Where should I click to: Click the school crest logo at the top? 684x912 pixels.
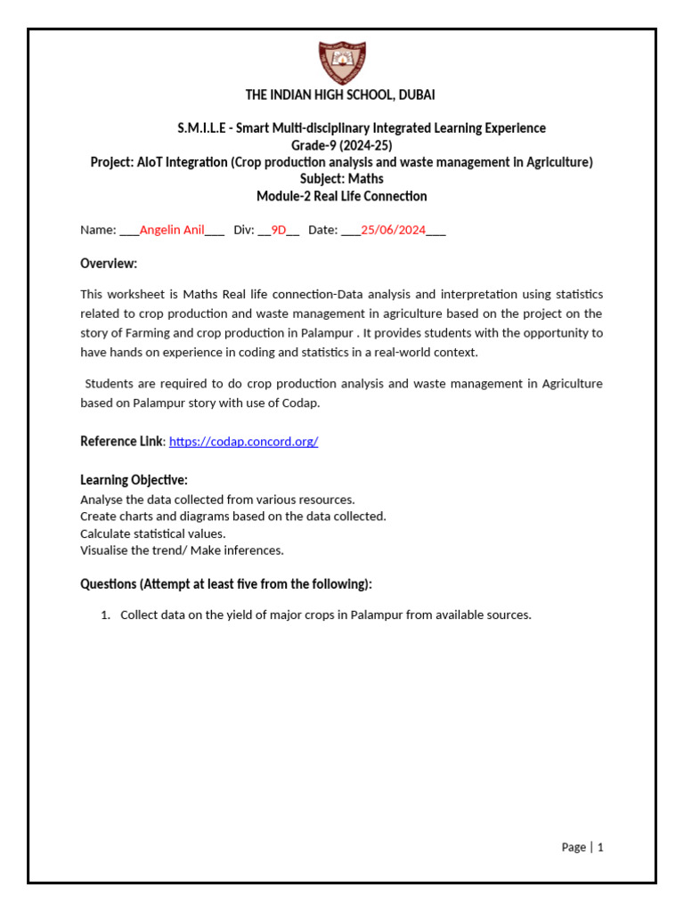(x=341, y=61)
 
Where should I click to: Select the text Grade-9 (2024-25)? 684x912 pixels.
(x=341, y=145)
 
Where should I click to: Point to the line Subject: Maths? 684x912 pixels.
(x=341, y=179)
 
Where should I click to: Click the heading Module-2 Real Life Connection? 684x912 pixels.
(x=341, y=196)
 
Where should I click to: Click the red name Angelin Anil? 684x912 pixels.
(x=172, y=230)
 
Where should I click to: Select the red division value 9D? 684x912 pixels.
(x=279, y=230)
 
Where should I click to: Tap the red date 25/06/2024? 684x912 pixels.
(x=393, y=230)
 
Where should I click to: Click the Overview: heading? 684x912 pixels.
(x=109, y=264)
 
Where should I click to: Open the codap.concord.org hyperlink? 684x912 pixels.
(x=243, y=442)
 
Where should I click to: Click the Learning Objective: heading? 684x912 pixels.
(x=134, y=480)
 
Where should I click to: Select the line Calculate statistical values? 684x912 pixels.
(x=152, y=533)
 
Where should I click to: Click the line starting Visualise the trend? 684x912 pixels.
(x=182, y=550)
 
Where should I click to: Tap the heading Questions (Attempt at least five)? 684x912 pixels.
(x=226, y=584)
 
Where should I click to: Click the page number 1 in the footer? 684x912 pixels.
(x=600, y=848)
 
